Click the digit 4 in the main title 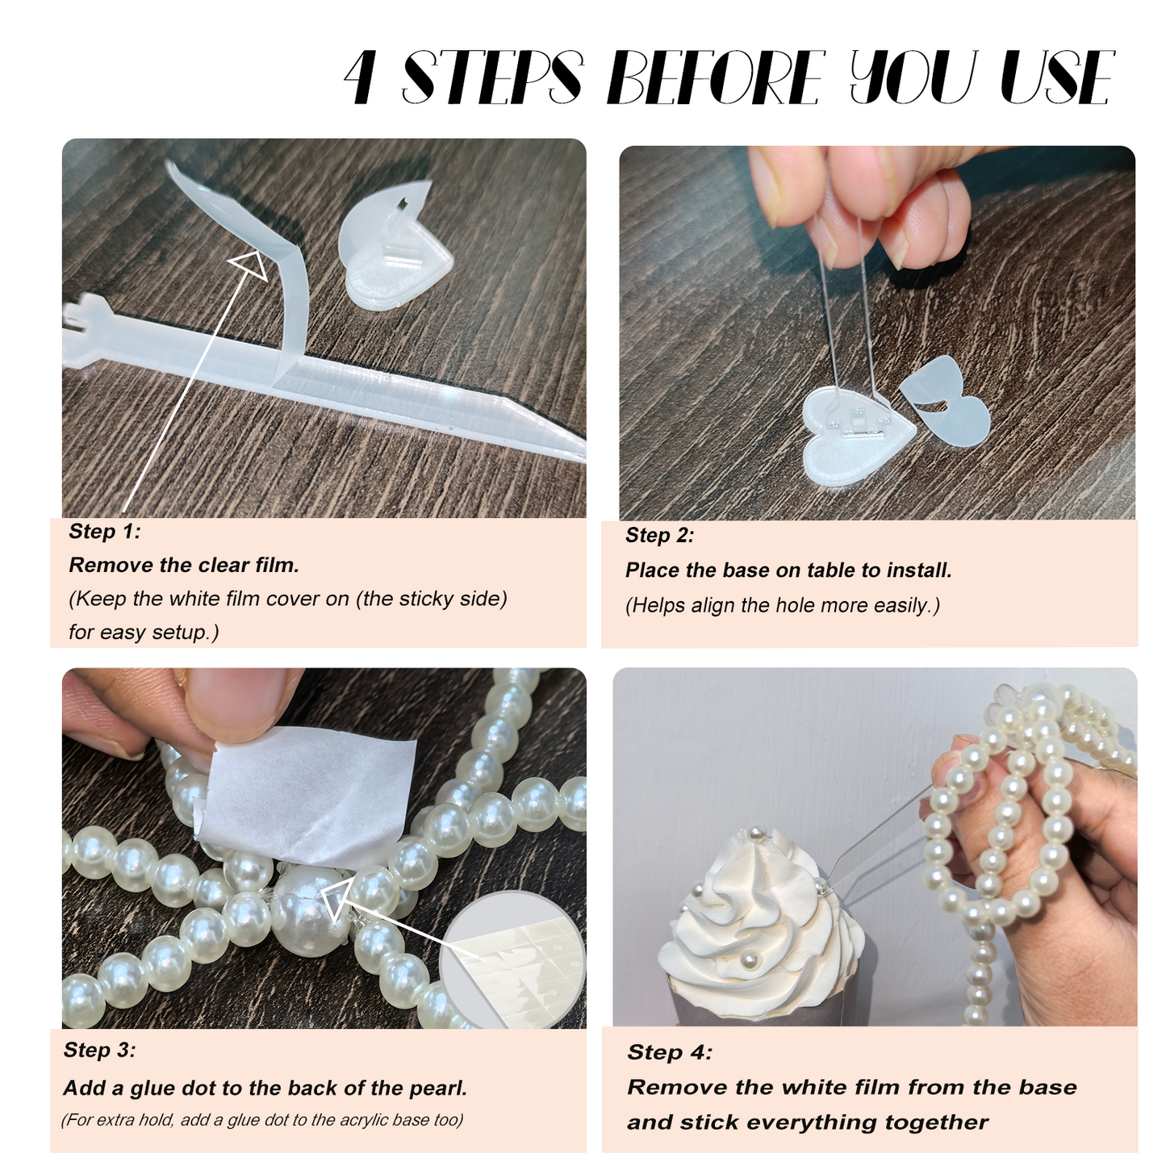(x=360, y=78)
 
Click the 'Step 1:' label (x=104, y=531)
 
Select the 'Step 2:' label (x=659, y=535)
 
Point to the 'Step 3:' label (x=99, y=1050)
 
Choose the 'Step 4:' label (x=670, y=1052)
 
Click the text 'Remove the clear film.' (x=184, y=565)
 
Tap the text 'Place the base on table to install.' (x=788, y=570)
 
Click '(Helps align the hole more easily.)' (x=783, y=605)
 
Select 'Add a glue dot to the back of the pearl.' (x=265, y=1088)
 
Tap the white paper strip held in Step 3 (x=311, y=795)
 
